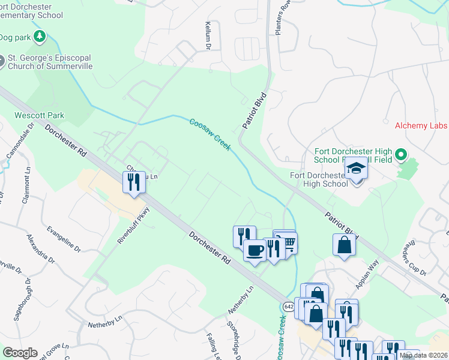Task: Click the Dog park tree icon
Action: coord(40,37)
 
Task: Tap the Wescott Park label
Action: coord(40,115)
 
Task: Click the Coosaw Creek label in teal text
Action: coord(209,134)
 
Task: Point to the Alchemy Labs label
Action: coord(421,125)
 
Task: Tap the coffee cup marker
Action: coord(255,250)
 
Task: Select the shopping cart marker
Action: coord(289,242)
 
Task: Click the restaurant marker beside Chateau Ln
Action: coord(133,181)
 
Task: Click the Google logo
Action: coord(20,352)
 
